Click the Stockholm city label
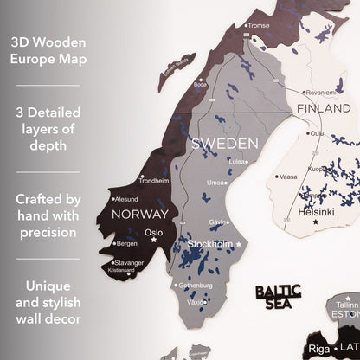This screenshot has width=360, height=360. point(209,245)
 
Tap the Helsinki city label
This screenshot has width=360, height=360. point(314,210)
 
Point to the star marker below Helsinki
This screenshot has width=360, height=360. point(315,222)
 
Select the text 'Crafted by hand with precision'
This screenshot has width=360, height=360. point(48,215)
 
